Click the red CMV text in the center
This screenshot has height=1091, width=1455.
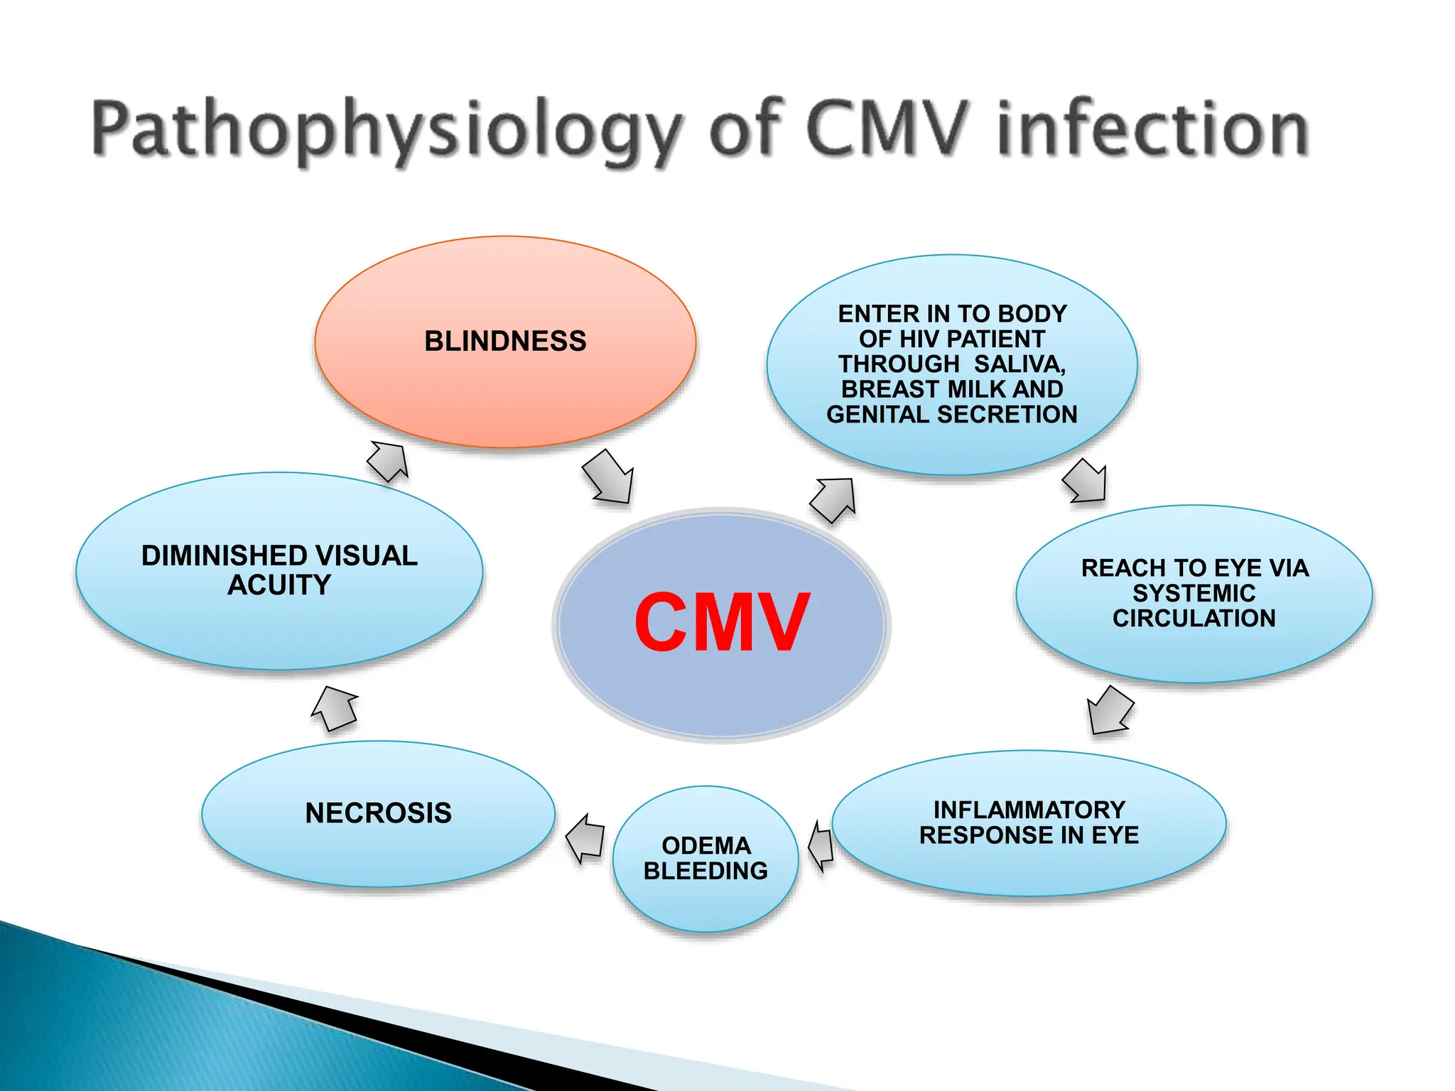pos(722,623)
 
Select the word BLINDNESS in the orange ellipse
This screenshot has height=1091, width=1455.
pos(505,342)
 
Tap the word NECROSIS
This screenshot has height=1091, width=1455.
pos(378,813)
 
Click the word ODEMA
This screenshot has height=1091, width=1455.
pos(706,845)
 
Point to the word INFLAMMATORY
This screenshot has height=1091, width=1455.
pos(1029,810)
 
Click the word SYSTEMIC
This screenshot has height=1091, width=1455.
pos(1194,593)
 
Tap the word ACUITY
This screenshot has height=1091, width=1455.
pos(279,585)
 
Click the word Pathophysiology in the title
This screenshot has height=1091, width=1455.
pos(387,130)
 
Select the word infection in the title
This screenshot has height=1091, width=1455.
pos(1152,129)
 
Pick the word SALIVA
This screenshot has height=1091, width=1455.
pos(1019,364)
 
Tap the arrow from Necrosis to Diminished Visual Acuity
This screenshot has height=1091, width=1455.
pos(335,708)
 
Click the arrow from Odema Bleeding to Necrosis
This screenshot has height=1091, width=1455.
pos(585,837)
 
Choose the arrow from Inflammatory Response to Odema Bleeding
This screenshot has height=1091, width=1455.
pos(821,845)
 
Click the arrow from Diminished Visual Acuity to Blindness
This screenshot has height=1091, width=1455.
pos(389,460)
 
